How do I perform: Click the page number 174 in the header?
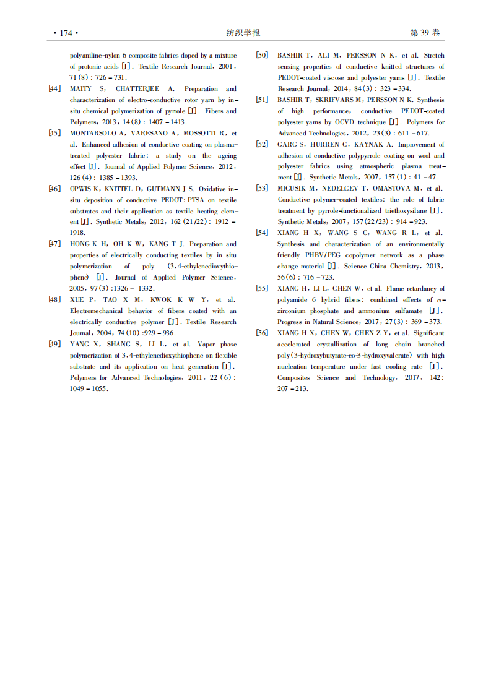66,33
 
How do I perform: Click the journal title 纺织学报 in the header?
243,33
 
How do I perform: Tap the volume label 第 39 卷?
425,33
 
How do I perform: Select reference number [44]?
54,89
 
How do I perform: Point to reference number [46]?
54,189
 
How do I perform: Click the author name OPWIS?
80,189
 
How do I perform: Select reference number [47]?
54,244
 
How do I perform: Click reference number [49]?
54,345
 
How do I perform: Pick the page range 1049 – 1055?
89,389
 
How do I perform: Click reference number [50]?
262,56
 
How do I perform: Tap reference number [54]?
262,233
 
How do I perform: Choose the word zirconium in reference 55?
294,311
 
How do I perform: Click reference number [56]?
262,333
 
